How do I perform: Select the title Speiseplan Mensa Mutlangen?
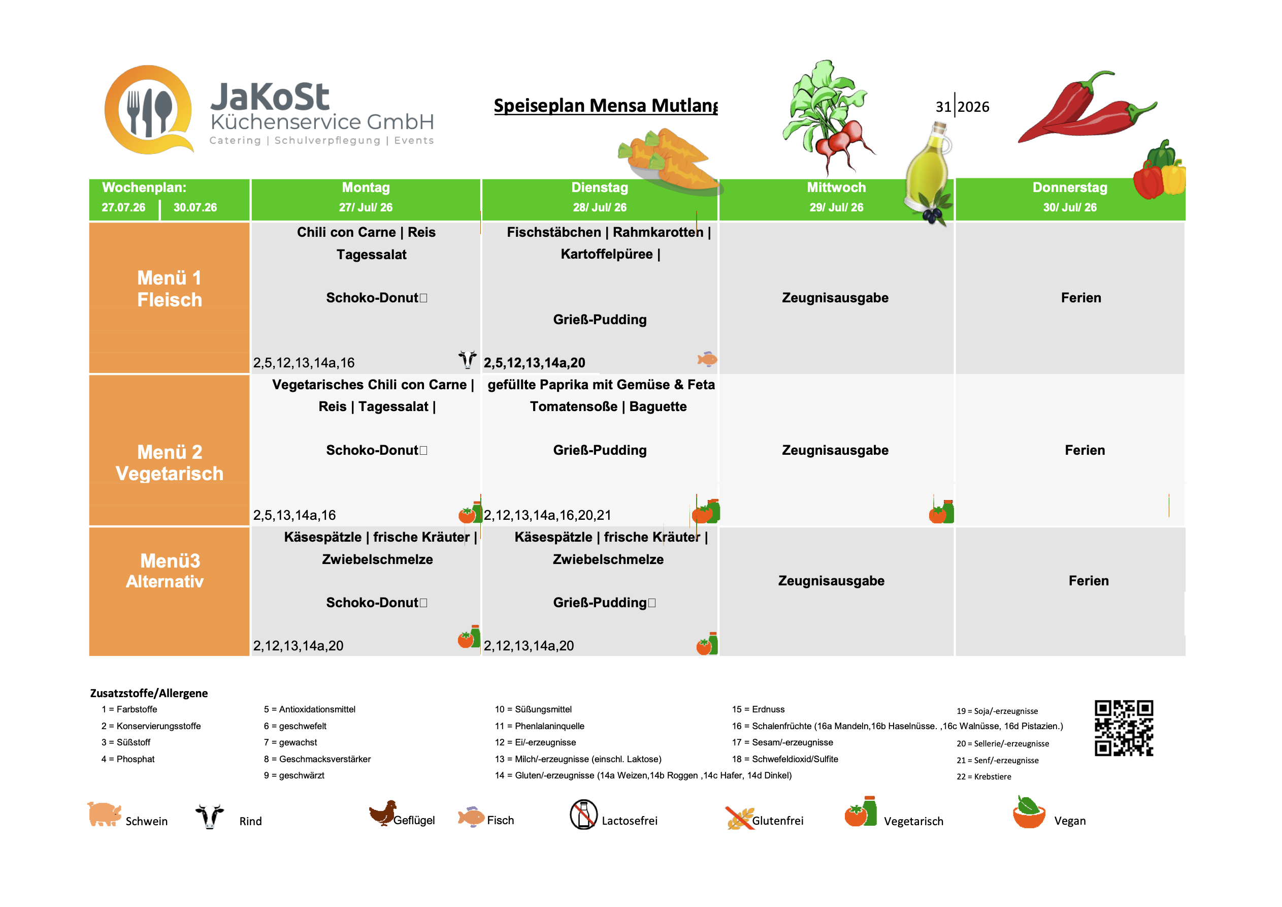point(606,106)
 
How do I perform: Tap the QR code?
point(1124,728)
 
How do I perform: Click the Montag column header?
point(366,197)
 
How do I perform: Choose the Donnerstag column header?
point(1070,197)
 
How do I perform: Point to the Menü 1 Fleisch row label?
point(170,289)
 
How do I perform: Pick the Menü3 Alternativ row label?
point(166,571)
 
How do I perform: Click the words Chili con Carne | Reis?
point(366,233)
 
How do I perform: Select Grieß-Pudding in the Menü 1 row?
point(600,320)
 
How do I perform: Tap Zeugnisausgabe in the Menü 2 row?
point(835,450)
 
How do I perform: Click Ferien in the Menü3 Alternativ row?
point(1089,581)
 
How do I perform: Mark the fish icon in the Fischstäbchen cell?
point(707,359)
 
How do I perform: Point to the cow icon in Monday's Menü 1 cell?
point(467,359)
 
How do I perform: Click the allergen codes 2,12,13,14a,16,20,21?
point(548,515)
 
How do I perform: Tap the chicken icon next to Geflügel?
point(383,813)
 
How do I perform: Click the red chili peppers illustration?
point(1087,107)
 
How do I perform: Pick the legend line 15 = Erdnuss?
point(758,710)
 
